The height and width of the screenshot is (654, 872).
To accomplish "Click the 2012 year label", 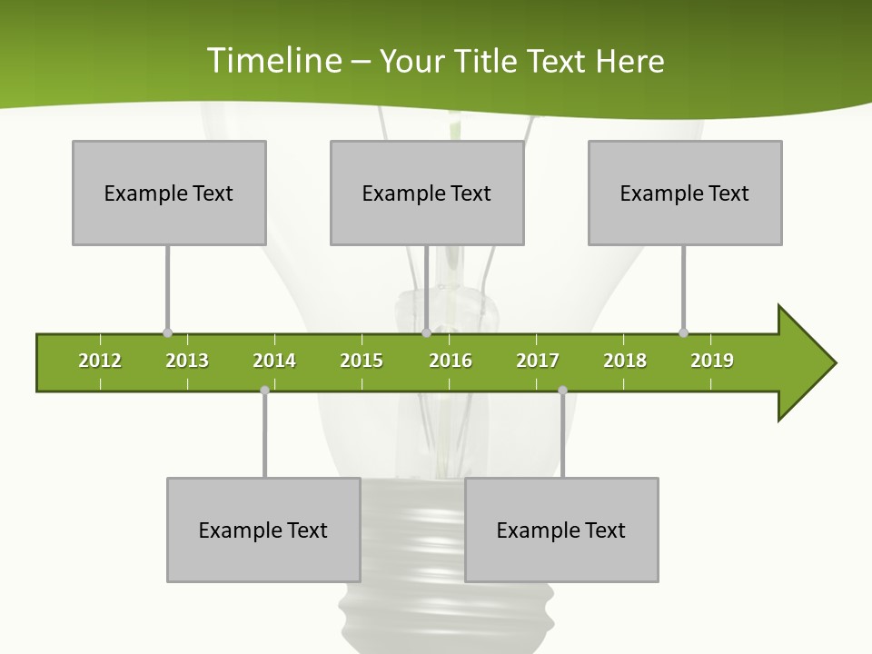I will (x=100, y=361).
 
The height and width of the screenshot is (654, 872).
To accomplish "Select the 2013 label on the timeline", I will (x=187, y=361).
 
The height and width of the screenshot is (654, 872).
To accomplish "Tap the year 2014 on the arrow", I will (x=274, y=361).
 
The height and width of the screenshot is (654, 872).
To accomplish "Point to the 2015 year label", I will (x=362, y=361).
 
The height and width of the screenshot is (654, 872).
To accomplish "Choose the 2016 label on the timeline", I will (x=451, y=361).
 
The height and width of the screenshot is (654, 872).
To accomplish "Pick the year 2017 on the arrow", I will (x=538, y=361).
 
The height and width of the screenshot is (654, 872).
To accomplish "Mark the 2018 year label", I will (x=625, y=361).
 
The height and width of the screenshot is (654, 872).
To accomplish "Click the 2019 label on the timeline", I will (x=712, y=361).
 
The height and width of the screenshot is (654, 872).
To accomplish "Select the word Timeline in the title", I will (x=273, y=61).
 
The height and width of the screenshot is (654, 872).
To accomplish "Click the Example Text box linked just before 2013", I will (x=169, y=193).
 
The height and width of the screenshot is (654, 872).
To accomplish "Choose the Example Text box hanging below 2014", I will (x=263, y=530).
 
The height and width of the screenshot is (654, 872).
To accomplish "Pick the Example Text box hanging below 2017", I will (x=561, y=530).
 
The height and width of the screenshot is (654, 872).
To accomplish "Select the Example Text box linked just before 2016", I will (x=427, y=193).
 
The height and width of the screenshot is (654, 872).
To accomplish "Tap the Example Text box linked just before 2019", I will (x=685, y=193).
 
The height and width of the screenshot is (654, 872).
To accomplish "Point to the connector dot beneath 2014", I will (x=264, y=390).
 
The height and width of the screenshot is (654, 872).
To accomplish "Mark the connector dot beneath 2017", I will (x=562, y=390).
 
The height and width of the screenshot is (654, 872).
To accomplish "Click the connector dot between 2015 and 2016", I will (x=426, y=332).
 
